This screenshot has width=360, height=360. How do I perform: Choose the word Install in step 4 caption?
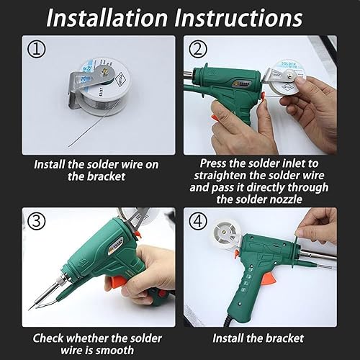[233, 338]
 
